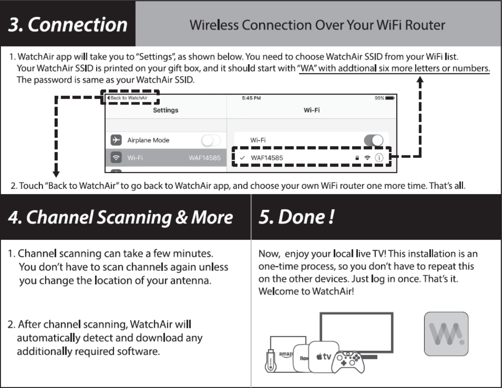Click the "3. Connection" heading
[68, 25]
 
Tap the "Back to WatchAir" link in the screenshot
[129, 98]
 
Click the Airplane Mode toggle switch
[211, 140]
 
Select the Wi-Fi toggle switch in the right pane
[373, 140]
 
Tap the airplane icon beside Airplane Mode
[116, 140]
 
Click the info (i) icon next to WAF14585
[379, 158]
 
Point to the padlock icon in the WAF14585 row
[357, 158]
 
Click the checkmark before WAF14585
[242, 158]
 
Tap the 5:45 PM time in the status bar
[251, 98]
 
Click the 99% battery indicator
[384, 98]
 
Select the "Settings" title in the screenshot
[165, 110]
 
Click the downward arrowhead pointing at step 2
[56, 174]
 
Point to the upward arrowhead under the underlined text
[420, 80]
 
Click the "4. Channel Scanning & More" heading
[121, 217]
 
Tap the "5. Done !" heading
[296, 217]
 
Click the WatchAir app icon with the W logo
[446, 334]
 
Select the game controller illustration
[348, 362]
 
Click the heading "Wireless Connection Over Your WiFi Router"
[317, 25]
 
